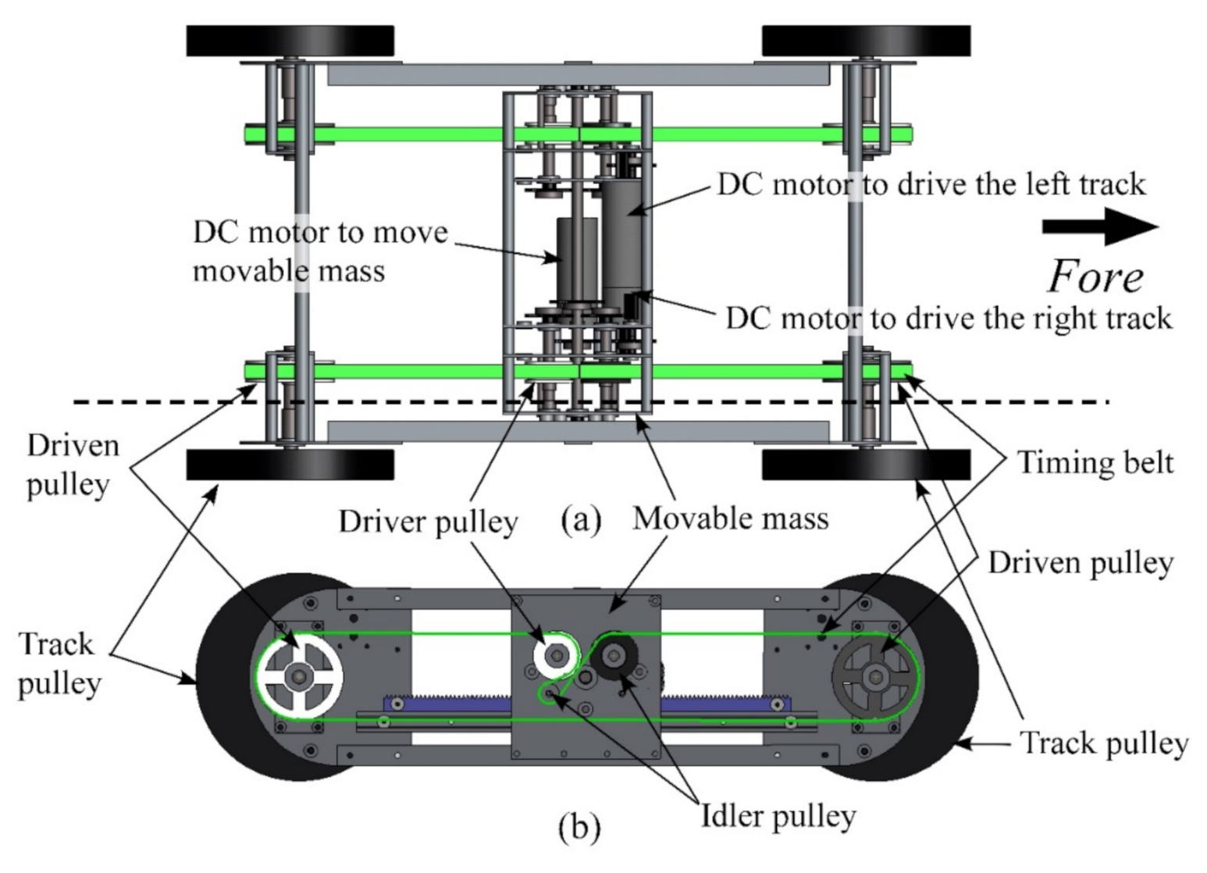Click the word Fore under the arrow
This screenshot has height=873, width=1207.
pos(1095,276)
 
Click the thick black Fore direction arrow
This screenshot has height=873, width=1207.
pos(1099,226)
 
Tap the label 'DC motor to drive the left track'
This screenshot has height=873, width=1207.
pos(931,184)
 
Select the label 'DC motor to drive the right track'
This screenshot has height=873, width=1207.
pos(948,319)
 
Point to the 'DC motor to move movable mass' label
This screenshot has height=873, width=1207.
pos(320,251)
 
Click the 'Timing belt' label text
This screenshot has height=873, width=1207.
pos(1095,463)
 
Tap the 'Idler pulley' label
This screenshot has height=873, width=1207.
pos(778,817)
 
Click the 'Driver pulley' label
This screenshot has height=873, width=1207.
pos(428,522)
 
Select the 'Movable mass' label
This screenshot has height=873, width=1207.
pos(730,518)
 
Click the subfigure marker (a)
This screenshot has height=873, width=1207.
pos(581,518)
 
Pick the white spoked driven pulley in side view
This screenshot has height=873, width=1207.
pos(300,677)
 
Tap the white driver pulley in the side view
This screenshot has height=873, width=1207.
pos(556,657)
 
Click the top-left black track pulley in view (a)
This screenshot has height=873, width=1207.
pos(290,41)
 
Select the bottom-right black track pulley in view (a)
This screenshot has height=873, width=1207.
pos(865,465)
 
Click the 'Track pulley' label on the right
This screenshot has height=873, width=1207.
pos(1104,743)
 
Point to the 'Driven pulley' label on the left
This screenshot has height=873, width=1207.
pos(73,465)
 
